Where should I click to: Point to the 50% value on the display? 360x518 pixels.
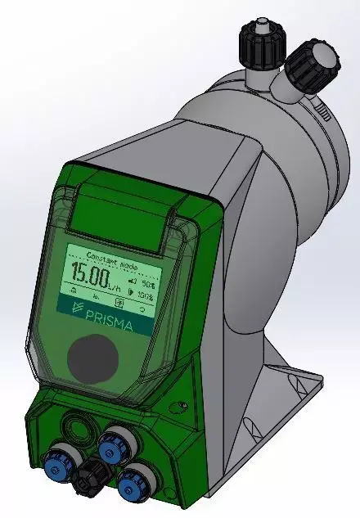coord(147,280)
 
